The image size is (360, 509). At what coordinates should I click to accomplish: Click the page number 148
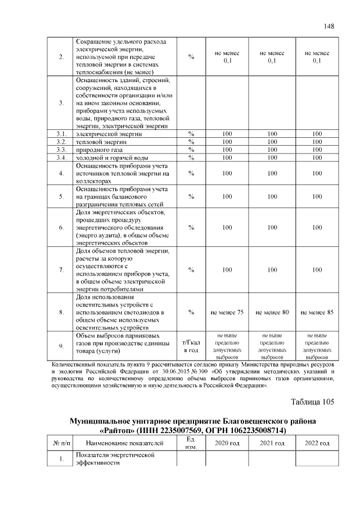coord(329,26)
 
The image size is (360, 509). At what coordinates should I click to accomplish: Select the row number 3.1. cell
coord(61,134)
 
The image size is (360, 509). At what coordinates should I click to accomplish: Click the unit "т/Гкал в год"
coord(191,346)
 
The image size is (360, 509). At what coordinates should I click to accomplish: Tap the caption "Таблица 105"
coord(312,402)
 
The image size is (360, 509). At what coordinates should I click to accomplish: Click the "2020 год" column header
coord(227,444)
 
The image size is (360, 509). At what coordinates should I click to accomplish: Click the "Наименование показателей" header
coord(125,444)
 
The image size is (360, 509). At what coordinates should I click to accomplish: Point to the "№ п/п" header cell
coord(61,444)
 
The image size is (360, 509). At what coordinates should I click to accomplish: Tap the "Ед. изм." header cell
coord(191,443)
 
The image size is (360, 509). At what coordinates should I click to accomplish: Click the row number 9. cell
coord(61,346)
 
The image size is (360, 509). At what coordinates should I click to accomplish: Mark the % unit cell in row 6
coord(191,227)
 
